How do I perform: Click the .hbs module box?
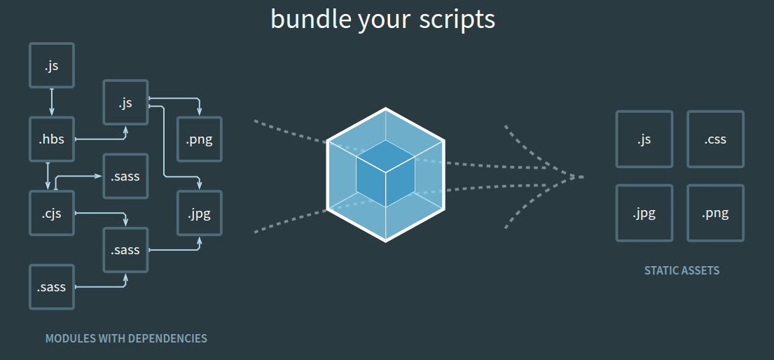point(51,139)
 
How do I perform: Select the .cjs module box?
point(51,213)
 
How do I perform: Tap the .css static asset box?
point(715,139)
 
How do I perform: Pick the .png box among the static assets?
point(715,213)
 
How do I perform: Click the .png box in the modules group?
point(200,139)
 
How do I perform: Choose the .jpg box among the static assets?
point(644,213)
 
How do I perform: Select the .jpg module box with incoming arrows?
point(200,213)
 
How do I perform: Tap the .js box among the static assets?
point(644,139)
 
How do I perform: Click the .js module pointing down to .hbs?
point(51,66)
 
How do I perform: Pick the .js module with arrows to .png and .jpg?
point(125,103)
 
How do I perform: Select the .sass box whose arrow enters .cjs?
point(125,176)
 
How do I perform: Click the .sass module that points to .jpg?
point(125,249)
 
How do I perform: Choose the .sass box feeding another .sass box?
point(51,286)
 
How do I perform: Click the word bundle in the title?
point(310,19)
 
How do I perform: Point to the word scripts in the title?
point(457,20)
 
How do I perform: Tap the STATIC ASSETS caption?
point(682,270)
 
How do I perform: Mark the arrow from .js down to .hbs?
point(52,102)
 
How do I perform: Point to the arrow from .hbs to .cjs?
point(48,176)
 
